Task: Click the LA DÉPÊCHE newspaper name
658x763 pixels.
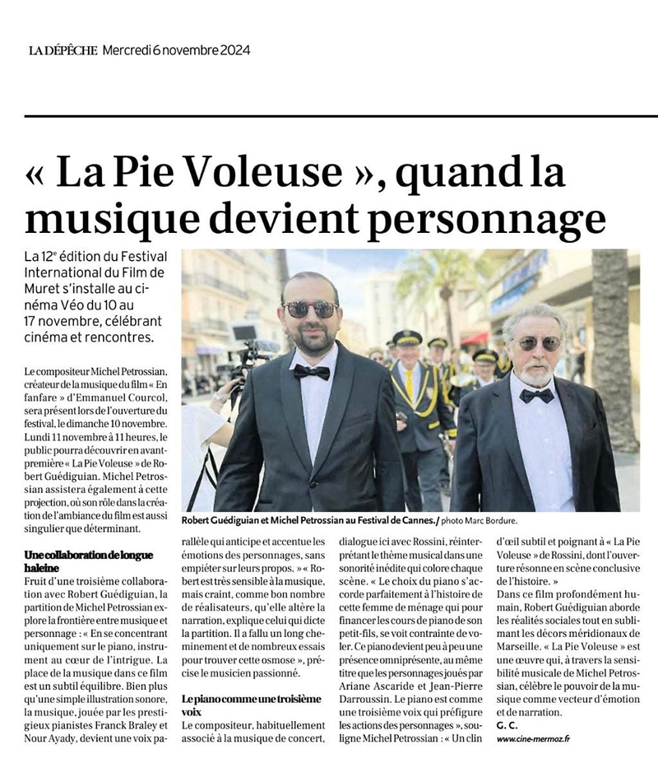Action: coord(63,50)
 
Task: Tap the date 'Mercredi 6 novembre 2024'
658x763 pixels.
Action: coord(176,50)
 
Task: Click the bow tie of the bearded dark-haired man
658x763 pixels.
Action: coord(312,371)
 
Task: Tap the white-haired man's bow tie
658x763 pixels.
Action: coord(536,395)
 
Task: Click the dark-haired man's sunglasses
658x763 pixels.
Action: coord(310,309)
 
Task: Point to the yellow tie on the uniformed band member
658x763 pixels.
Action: coord(409,384)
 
